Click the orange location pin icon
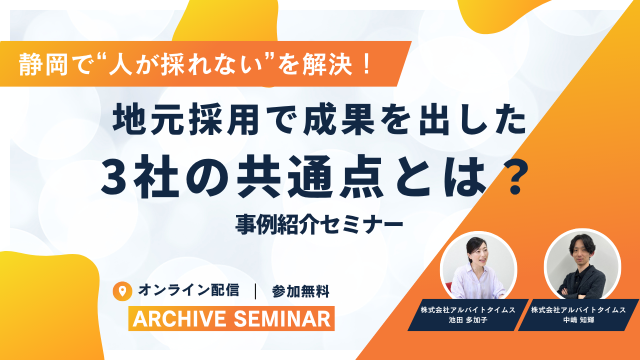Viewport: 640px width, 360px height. click(x=122, y=291)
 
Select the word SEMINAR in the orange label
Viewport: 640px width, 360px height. click(x=282, y=319)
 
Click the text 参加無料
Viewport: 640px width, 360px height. click(x=301, y=291)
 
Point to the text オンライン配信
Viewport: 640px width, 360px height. click(x=188, y=290)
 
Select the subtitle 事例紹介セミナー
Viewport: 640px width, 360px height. click(x=319, y=224)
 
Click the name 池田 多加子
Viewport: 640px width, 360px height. click(x=467, y=320)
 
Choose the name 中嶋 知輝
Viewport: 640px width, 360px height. click(x=578, y=320)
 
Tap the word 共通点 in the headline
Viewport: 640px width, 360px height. click(x=309, y=177)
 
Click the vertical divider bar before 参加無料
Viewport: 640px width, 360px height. click(x=255, y=291)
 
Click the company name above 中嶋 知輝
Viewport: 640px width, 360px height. click(x=578, y=309)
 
